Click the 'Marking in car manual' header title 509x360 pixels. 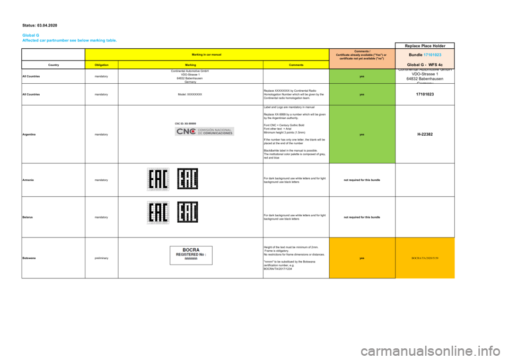tap(207, 54)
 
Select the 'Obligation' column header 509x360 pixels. tap(102, 65)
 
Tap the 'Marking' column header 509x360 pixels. tap(190, 65)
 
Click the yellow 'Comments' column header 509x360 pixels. tap(296, 65)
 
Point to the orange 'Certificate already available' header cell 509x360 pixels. tap(362, 56)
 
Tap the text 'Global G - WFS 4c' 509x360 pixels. tap(428, 64)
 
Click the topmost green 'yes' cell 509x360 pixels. tap(362, 76)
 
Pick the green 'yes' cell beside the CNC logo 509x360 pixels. tap(362, 134)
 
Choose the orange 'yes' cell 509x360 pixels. tap(362, 258)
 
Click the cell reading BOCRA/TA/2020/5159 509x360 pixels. tap(425, 258)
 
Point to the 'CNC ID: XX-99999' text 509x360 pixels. tap(185, 123)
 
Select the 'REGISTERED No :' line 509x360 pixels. tap(191, 254)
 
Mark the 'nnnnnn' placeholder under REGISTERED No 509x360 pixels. tap(191, 259)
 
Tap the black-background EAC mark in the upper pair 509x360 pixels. tap(188, 179)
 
